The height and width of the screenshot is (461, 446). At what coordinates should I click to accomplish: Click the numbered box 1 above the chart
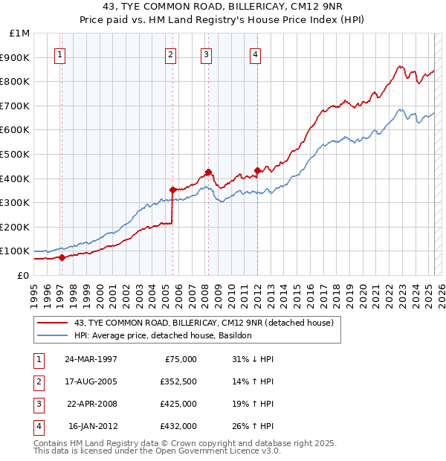pos(59,54)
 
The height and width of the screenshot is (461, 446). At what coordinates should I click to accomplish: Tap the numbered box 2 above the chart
pos(170,54)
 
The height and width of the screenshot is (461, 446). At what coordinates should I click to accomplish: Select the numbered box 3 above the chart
pos(206,54)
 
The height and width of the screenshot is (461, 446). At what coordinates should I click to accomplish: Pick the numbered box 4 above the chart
pos(255,54)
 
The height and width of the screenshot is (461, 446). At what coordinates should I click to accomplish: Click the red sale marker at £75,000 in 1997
pos(62,257)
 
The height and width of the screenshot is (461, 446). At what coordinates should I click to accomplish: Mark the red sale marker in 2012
pos(257,170)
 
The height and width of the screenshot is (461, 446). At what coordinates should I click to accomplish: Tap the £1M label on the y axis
pos(20,33)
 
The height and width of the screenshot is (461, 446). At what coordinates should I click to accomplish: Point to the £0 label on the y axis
pos(23,275)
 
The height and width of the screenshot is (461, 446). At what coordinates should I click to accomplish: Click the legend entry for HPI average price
pos(163,335)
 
